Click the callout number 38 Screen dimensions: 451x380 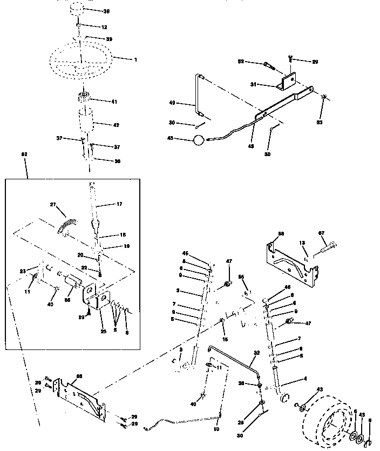coord(106,11)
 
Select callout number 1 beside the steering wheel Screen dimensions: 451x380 coord(135,59)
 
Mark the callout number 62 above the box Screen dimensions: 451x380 coord(23,154)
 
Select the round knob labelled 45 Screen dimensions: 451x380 coord(199,140)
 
